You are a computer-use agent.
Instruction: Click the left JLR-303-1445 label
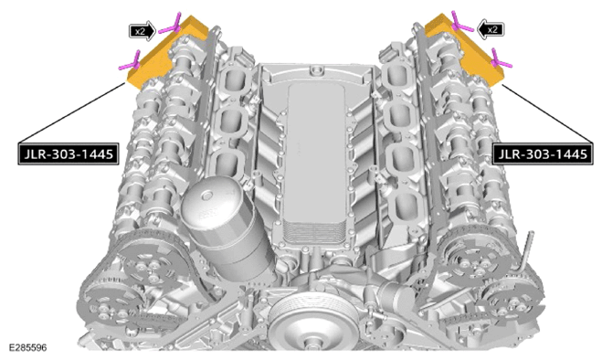69,154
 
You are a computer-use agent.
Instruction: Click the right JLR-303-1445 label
543,154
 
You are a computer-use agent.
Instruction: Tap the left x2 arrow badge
143,31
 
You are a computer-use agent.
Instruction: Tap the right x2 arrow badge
490,29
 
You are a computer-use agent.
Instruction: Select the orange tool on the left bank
166,52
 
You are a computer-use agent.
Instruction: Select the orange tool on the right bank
464,50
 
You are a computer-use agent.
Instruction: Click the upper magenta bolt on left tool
171,25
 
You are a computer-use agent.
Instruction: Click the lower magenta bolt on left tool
130,63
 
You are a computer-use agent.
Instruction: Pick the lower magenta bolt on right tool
501,59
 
